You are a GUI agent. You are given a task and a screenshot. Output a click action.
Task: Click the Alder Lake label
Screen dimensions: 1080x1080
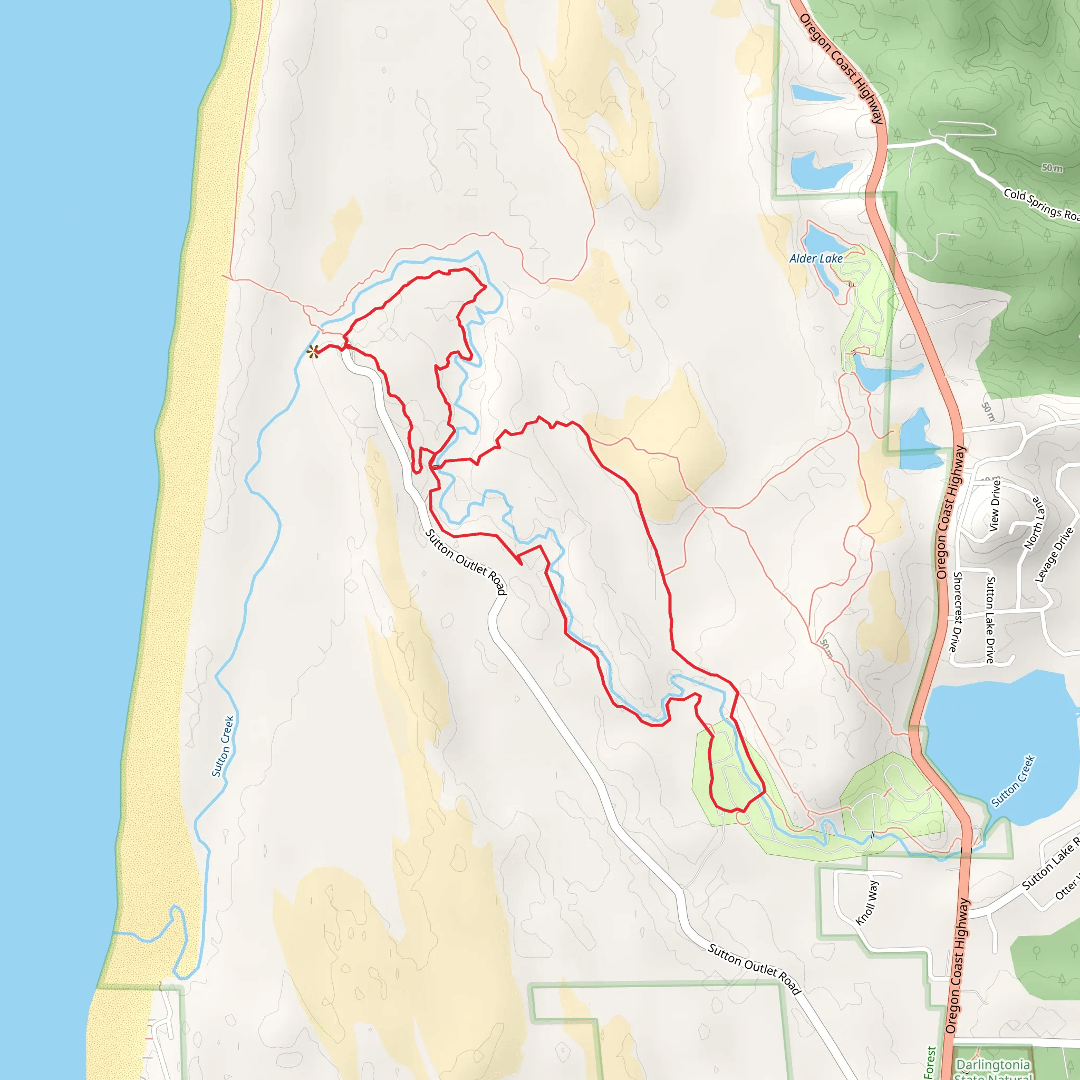point(816,258)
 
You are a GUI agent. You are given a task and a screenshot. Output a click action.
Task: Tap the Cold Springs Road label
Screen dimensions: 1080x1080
point(1040,205)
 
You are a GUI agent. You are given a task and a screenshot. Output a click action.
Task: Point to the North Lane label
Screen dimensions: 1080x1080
point(1034,523)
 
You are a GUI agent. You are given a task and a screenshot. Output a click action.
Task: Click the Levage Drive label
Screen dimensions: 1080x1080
point(1054,555)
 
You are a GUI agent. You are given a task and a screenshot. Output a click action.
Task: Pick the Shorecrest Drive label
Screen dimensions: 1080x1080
point(957,612)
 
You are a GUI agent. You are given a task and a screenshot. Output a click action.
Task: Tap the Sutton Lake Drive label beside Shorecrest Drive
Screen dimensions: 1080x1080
point(990,620)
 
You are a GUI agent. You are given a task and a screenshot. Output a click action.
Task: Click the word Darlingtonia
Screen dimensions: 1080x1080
point(994,1064)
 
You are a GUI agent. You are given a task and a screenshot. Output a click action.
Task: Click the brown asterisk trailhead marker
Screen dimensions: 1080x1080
point(313,352)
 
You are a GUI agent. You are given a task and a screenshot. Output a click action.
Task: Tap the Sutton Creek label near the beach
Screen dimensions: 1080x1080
point(223,746)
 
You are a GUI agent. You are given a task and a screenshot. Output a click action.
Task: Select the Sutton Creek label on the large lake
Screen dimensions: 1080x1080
point(1014,781)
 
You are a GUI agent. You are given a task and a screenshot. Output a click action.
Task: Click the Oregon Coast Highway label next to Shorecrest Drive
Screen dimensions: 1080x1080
point(950,512)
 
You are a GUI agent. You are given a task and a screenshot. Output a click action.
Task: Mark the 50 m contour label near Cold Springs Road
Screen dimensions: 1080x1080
point(1052,168)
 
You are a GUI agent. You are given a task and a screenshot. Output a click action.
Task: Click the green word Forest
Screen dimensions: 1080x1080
point(930,1062)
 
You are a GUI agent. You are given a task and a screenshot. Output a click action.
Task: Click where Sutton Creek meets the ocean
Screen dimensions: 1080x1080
point(114,933)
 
